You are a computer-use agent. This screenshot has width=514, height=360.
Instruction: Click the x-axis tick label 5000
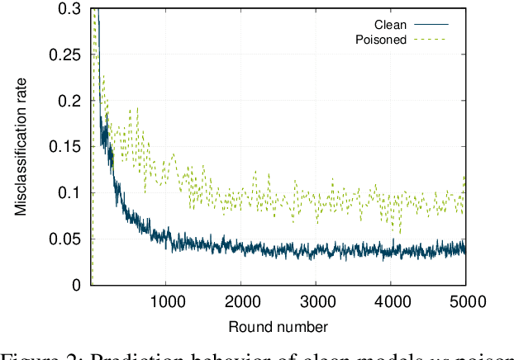(465, 301)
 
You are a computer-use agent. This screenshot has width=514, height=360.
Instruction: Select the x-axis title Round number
(278, 326)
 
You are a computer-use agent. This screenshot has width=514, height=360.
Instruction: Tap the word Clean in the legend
(391, 25)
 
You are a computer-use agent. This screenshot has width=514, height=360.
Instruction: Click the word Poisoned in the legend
(381, 39)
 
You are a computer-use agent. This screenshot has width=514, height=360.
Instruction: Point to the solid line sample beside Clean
(429, 25)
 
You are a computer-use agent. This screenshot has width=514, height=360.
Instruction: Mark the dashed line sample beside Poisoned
(429, 39)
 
